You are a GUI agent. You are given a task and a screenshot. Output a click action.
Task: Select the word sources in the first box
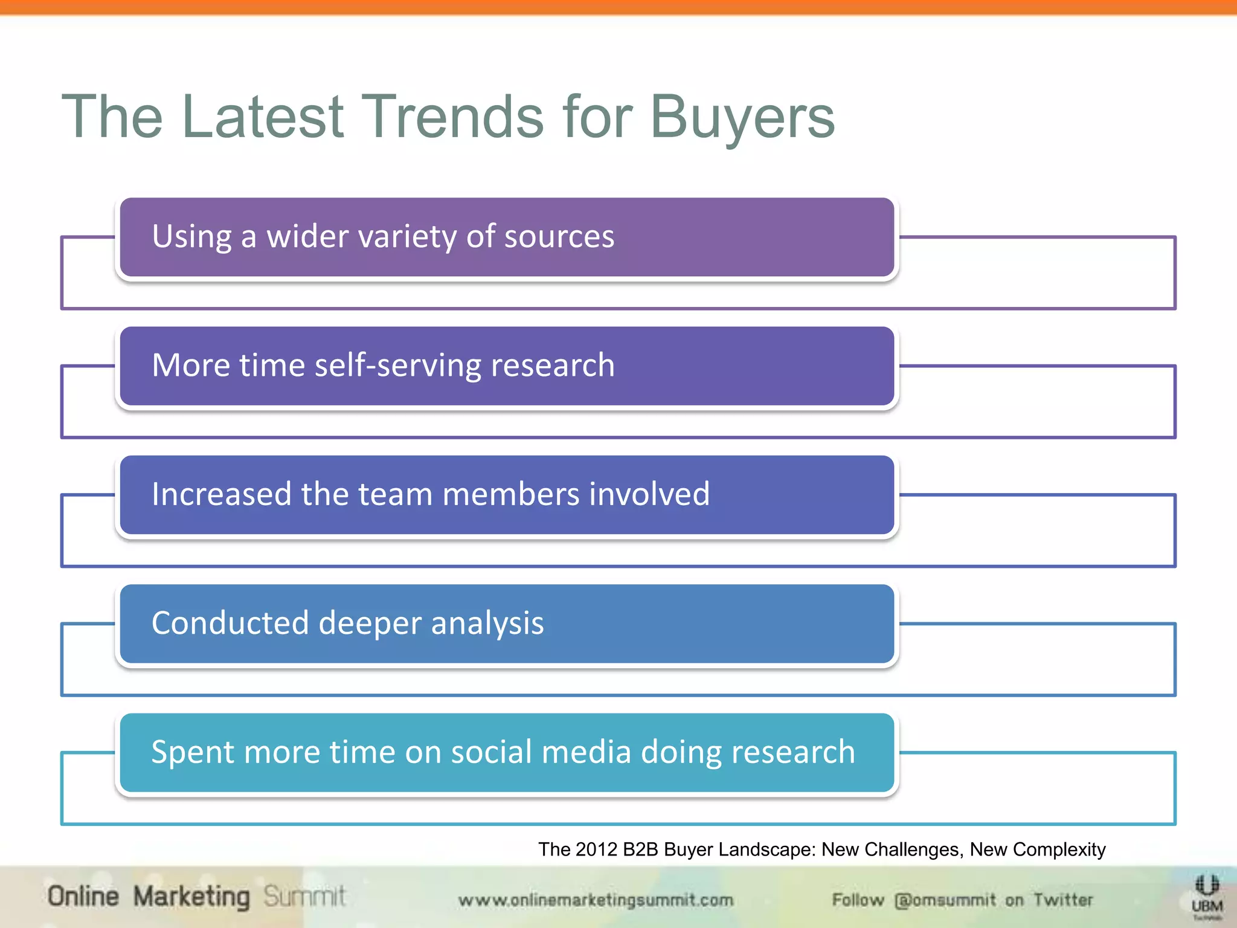tap(559, 236)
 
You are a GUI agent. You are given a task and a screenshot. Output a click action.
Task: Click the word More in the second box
tap(191, 366)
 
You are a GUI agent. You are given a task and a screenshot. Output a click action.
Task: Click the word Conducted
tap(230, 623)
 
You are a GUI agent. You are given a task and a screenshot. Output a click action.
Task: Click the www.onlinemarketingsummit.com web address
tap(596, 900)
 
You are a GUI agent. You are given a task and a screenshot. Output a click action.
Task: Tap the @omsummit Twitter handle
tap(945, 900)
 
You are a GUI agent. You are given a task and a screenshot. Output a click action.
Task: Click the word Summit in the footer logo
tap(304, 897)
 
